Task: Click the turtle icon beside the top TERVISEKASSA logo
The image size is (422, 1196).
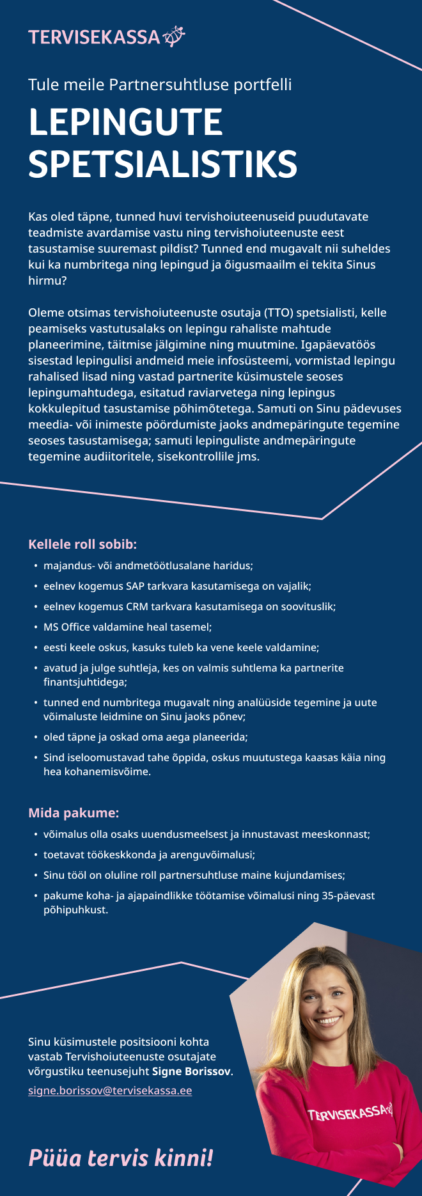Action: coord(174,36)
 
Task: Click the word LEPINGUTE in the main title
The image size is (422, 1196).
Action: coord(125,122)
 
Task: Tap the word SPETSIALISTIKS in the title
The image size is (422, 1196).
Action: coord(162,164)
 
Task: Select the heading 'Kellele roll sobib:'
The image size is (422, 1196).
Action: coord(82,544)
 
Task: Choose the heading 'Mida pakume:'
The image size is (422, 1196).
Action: coord(74,813)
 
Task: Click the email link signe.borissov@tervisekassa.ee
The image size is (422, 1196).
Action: coord(110,1090)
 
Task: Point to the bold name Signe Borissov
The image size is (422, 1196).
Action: coord(191,1071)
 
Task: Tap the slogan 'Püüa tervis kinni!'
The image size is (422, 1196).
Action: coord(120,1158)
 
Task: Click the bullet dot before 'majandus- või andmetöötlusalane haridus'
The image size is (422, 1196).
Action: coord(35,566)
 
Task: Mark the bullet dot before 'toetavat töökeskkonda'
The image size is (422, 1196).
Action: coord(35,855)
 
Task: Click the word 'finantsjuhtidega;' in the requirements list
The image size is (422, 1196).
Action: coord(85,682)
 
